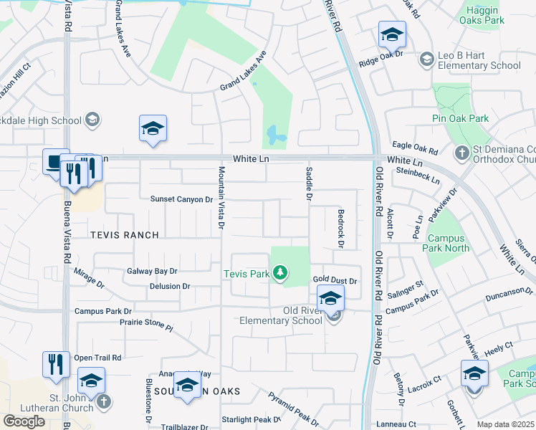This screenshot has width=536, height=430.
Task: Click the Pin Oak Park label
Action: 460,118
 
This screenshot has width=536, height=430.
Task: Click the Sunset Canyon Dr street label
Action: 181,199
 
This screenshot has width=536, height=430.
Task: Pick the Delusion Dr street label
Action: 170,286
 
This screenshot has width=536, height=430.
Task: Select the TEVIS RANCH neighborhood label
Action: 125,235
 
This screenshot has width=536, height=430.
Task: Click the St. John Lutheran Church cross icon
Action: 104,401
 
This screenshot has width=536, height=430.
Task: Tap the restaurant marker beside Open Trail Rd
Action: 56,364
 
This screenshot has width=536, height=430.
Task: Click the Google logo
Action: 24,421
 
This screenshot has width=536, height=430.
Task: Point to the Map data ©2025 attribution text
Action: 506,424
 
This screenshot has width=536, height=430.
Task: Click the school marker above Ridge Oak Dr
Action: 392,34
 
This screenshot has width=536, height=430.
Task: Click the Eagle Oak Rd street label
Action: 413,148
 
